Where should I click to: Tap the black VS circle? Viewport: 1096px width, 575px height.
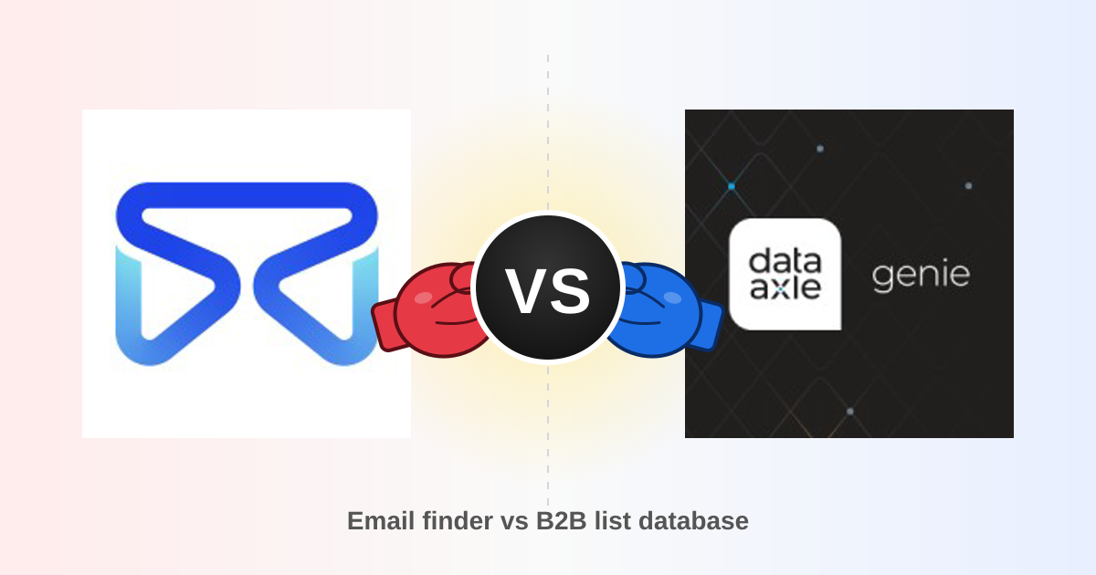548,287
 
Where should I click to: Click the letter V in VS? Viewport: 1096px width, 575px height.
526,291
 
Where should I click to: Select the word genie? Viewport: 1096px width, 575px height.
921,276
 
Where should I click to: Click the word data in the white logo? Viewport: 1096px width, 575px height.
785,261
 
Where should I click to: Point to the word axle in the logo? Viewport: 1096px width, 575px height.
785,287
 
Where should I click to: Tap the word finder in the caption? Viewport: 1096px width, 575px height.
458,520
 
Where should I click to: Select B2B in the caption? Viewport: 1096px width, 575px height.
561,520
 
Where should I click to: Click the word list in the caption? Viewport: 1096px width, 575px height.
613,520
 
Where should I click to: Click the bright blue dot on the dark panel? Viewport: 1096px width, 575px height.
732,186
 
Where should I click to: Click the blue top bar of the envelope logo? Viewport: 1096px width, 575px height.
247,196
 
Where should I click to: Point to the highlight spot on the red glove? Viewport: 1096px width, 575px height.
423,298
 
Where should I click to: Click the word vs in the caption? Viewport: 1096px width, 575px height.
514,522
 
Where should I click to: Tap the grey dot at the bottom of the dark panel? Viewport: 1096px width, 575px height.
850,412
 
